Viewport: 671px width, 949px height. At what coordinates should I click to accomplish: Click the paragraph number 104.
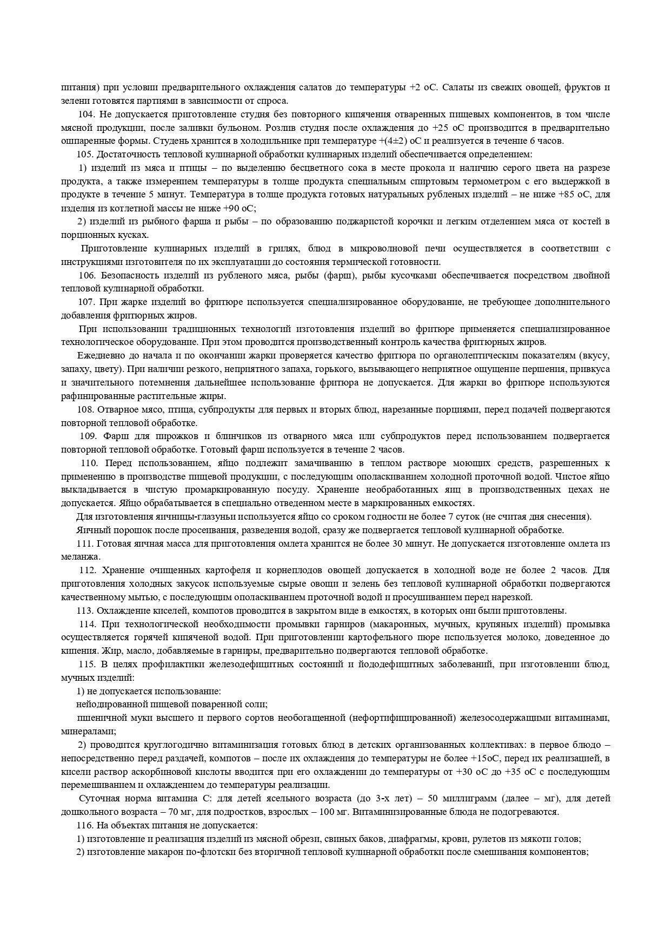pos(87,115)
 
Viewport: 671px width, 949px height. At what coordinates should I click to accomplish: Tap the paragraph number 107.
pos(87,302)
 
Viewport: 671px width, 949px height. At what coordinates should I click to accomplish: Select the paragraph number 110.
pos(89,463)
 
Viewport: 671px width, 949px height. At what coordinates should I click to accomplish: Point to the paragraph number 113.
pos(86,611)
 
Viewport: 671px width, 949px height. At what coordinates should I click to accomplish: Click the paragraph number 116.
pos(86,826)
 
